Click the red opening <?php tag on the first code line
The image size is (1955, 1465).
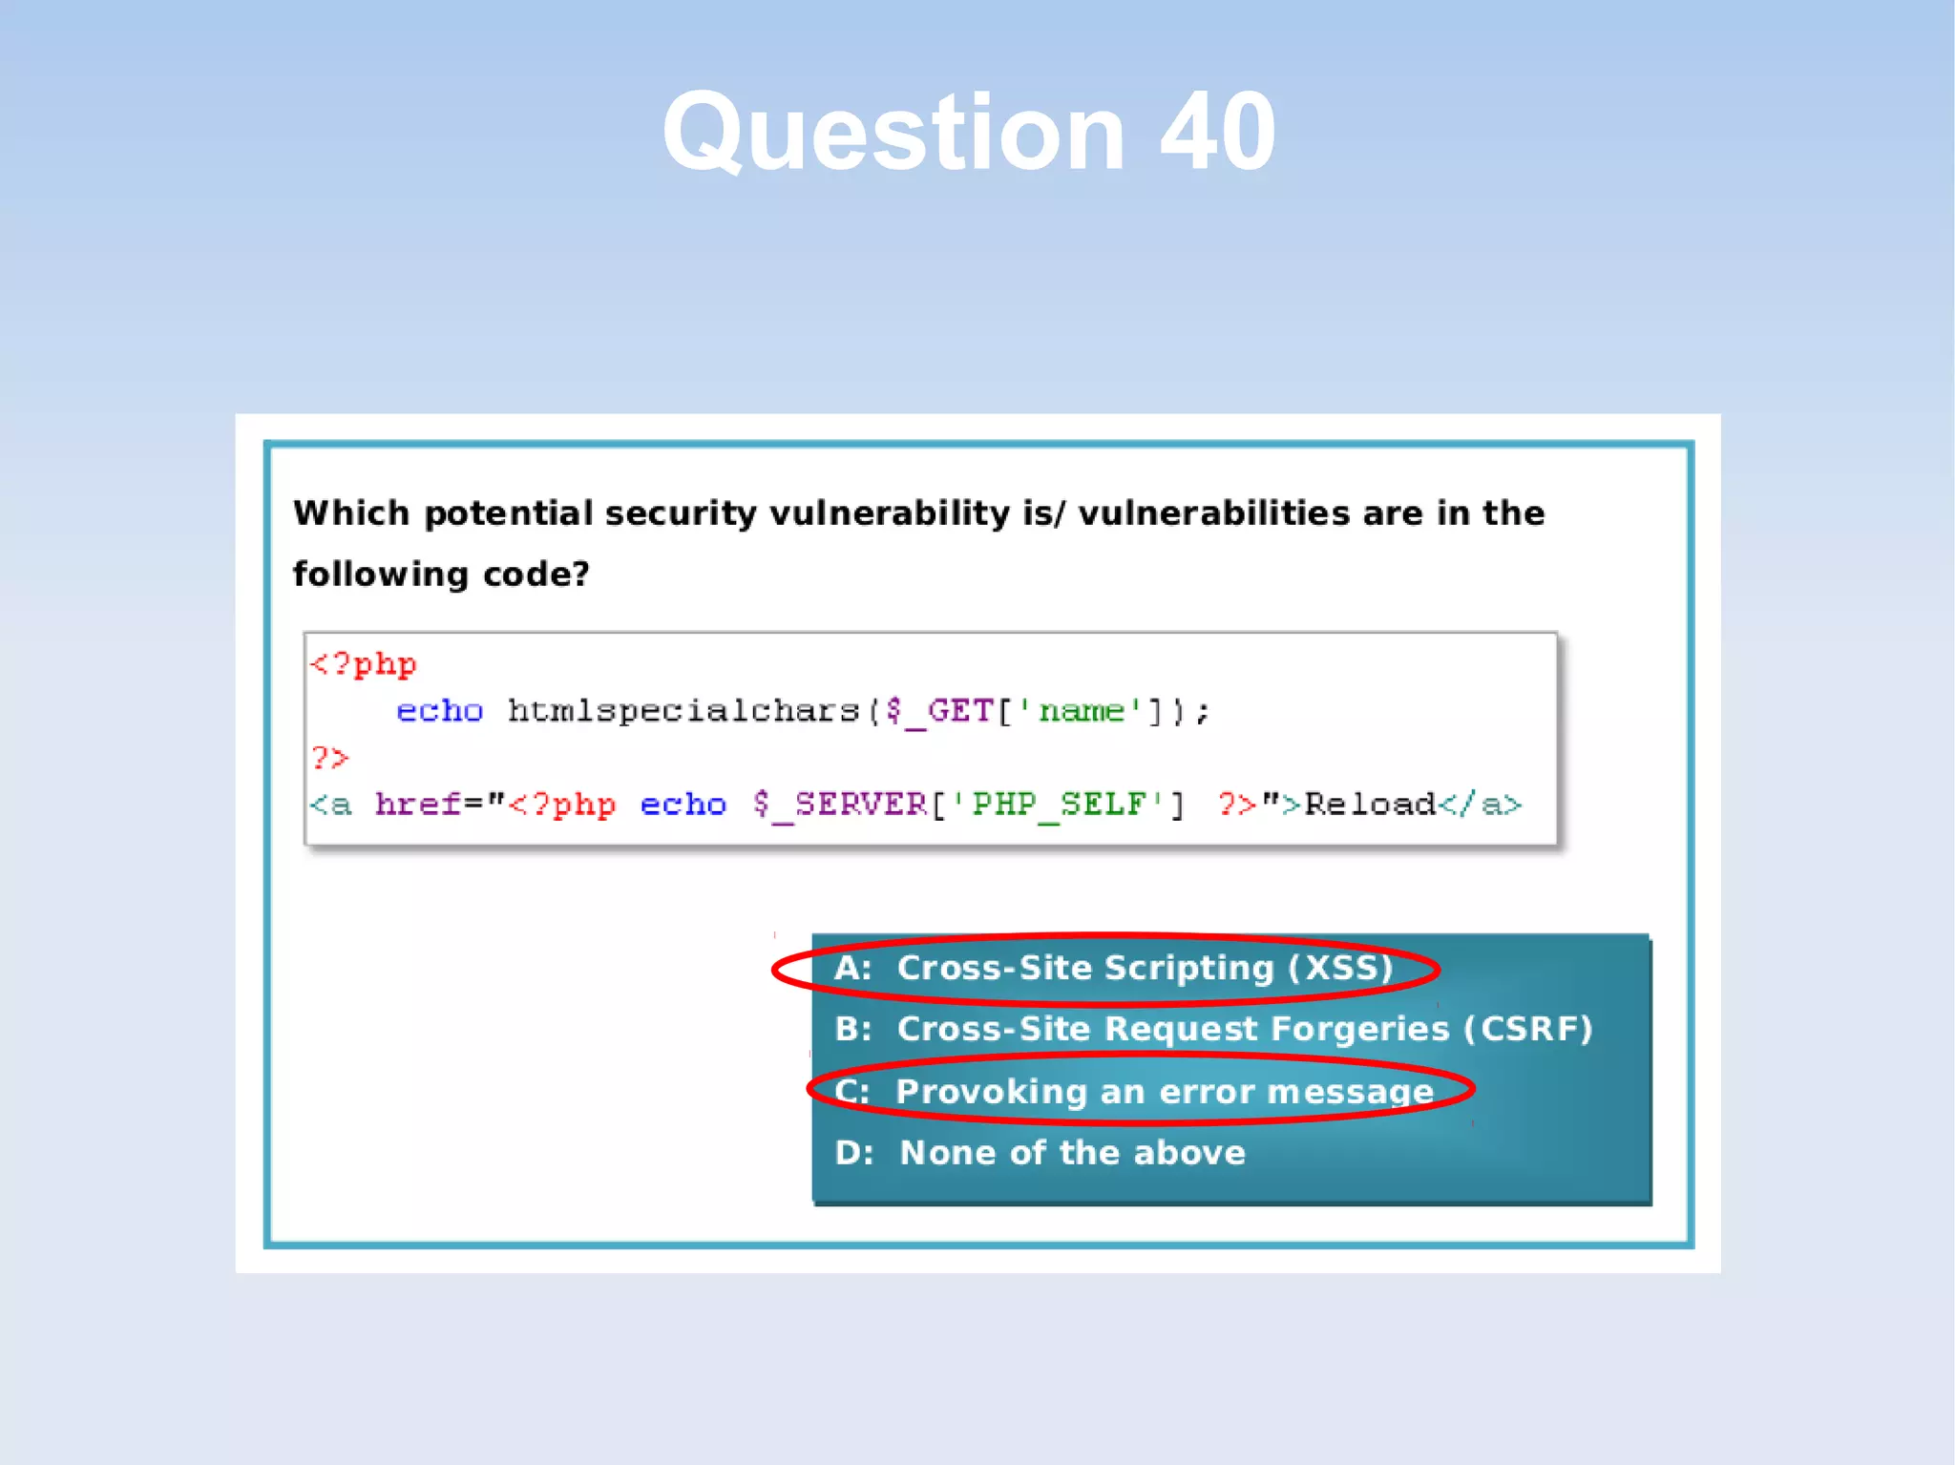(364, 663)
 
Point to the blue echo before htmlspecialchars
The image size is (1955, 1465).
(439, 711)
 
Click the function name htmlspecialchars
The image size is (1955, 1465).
(683, 711)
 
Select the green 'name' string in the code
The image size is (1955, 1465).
(1082, 711)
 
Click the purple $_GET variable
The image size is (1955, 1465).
(940, 711)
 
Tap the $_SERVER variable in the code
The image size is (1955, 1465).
(840, 805)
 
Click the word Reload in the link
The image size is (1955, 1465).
(1370, 805)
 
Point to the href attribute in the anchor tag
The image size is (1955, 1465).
(418, 805)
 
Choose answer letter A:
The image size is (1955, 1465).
(852, 969)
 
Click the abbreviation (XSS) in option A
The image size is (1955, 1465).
(1340, 969)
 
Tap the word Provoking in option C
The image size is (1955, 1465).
(992, 1092)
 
